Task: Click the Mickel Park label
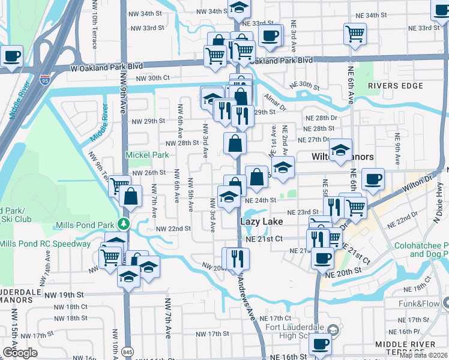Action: click(146, 155)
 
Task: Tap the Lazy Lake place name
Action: click(262, 221)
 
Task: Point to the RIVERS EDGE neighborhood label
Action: click(396, 86)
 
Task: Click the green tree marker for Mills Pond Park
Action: click(124, 224)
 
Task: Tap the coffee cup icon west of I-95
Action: click(11, 57)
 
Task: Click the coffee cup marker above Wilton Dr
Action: click(373, 178)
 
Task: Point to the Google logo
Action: click(20, 353)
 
